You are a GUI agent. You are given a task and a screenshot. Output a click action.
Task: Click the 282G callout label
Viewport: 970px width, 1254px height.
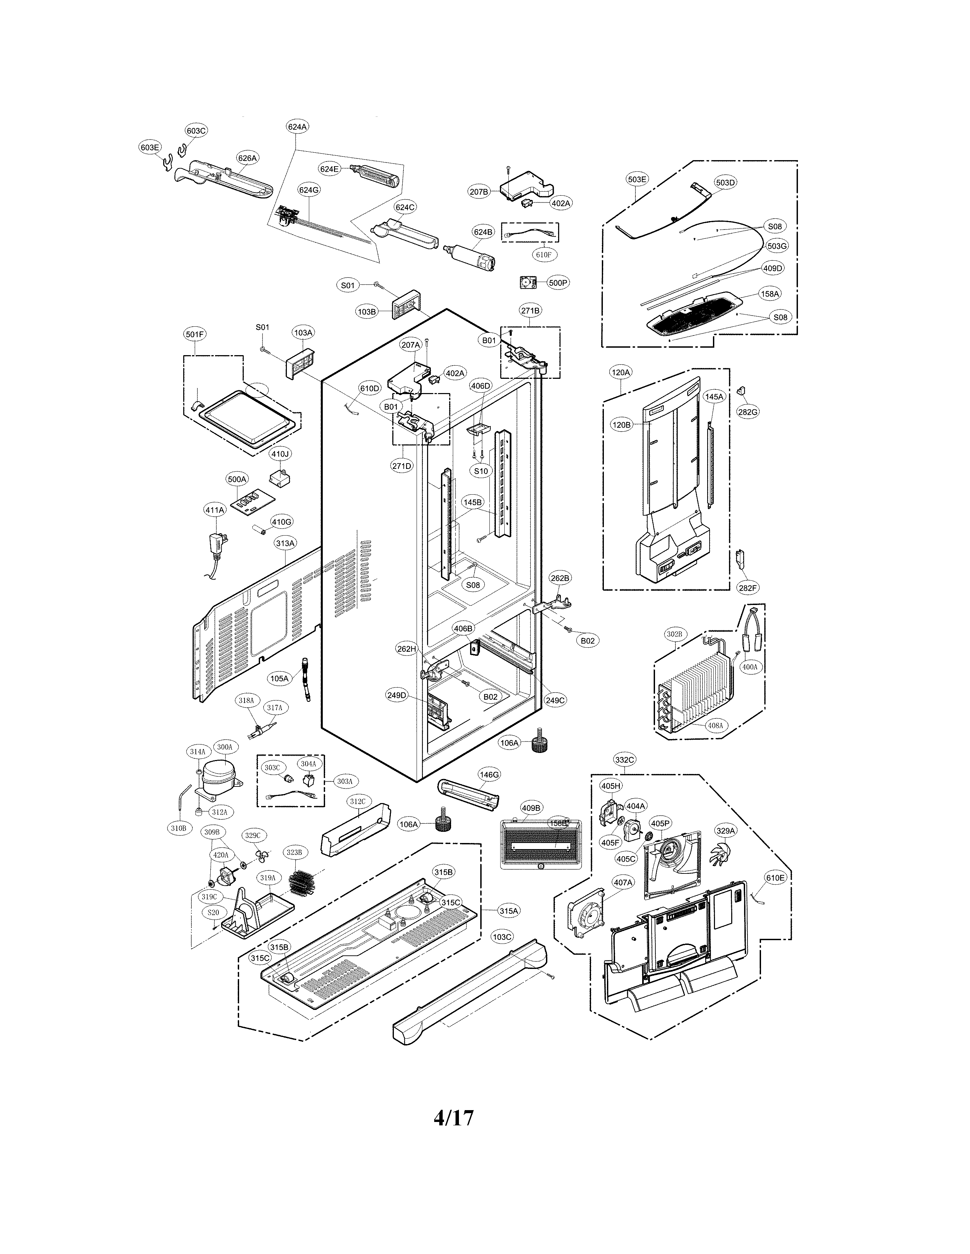748,412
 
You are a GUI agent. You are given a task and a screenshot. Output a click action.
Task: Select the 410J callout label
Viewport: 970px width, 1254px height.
280,454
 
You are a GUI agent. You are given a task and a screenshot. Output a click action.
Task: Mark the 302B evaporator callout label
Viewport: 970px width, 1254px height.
674,634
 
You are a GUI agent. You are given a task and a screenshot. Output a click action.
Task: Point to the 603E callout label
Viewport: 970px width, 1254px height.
149,148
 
